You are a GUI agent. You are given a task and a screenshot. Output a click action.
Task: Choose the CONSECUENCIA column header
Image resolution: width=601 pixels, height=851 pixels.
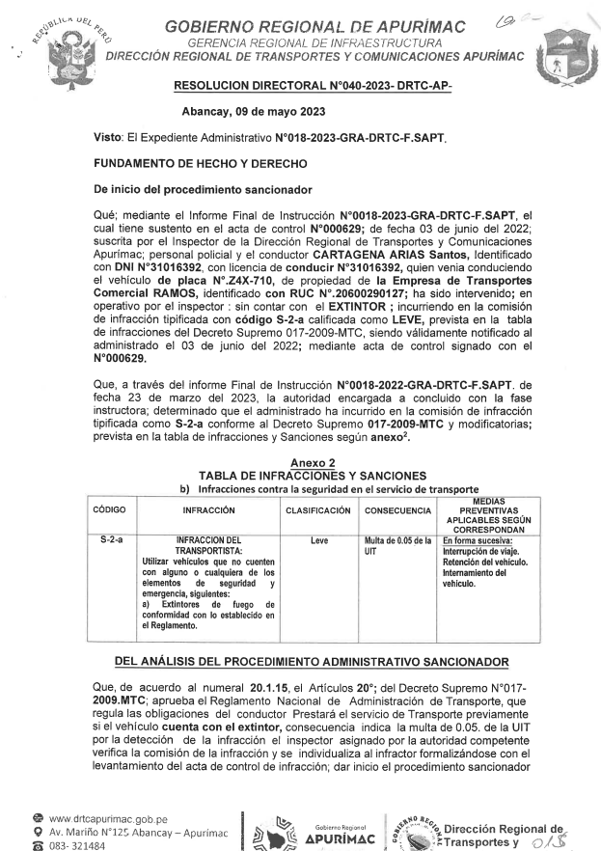point(397,508)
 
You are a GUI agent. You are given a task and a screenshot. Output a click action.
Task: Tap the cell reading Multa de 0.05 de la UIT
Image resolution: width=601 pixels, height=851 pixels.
point(396,547)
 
